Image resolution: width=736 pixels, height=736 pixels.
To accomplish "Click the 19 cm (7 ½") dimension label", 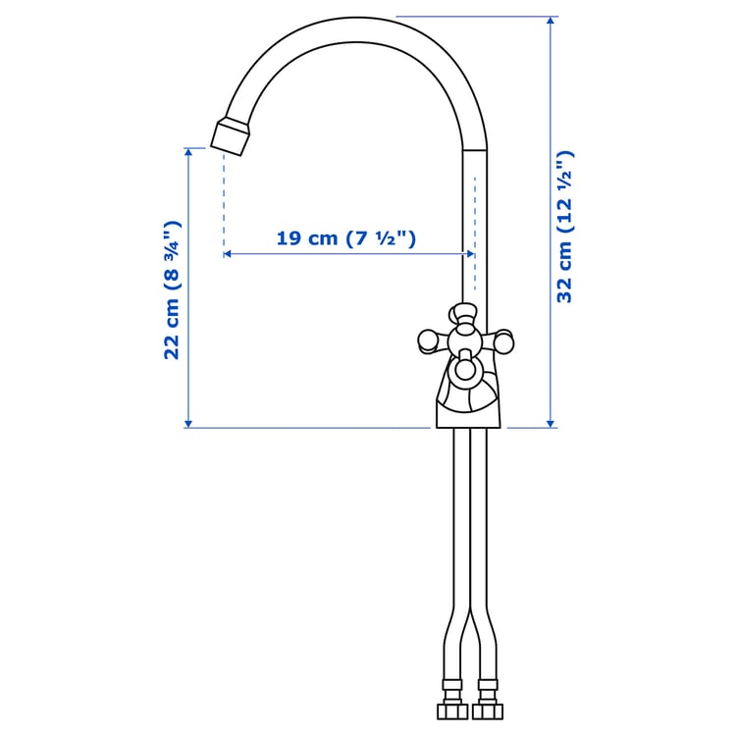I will [x=346, y=237].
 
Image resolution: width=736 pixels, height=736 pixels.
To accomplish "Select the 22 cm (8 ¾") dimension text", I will [x=172, y=289].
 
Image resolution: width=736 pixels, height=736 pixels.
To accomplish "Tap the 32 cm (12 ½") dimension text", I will [x=564, y=227].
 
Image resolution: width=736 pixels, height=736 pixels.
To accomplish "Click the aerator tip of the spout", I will [x=232, y=136].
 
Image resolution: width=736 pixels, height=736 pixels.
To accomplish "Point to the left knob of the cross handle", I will [x=428, y=341].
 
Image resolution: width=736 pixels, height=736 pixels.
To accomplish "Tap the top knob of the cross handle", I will [x=463, y=314].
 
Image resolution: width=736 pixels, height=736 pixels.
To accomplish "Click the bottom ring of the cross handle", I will [x=464, y=370].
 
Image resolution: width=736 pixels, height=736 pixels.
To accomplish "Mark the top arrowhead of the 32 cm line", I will [x=550, y=21].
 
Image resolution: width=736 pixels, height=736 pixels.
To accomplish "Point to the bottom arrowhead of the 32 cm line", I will [x=550, y=423].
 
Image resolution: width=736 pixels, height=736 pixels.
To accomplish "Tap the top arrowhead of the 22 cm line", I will [x=188, y=153].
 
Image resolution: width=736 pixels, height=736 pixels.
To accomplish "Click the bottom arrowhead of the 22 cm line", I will [x=188, y=423].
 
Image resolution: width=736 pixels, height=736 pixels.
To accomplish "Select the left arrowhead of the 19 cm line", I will [x=228, y=254].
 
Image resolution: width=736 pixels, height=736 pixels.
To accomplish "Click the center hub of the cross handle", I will [x=465, y=341].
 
